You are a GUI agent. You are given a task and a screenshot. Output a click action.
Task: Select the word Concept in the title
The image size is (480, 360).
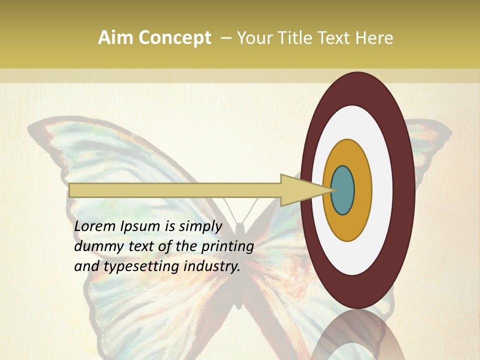click(x=175, y=38)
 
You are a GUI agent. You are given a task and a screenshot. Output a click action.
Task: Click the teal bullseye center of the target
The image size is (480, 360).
click(x=343, y=190)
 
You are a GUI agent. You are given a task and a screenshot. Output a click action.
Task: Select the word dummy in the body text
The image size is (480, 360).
click(x=95, y=247)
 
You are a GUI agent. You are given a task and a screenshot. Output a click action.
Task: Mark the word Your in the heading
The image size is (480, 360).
click(x=253, y=38)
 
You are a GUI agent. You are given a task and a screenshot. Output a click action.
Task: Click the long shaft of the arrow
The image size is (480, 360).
click(x=175, y=190)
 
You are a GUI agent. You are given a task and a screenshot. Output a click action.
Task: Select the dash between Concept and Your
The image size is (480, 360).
click(x=226, y=38)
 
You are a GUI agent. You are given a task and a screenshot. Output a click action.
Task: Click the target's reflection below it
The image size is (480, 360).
click(x=357, y=335)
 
